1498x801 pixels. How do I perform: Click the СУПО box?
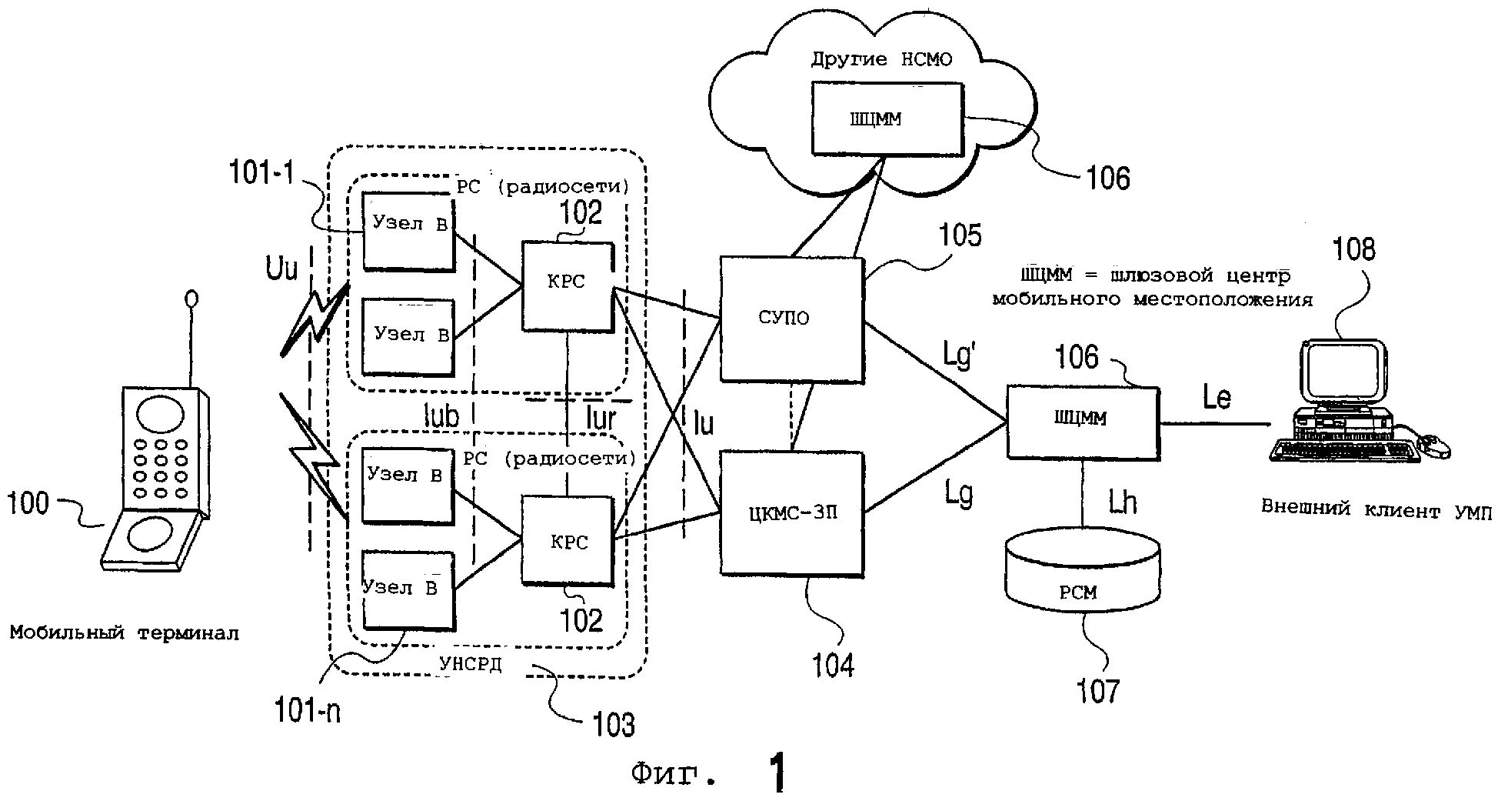(x=791, y=319)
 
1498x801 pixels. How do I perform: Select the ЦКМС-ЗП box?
(x=791, y=513)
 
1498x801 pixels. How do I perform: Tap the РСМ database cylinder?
(x=1082, y=573)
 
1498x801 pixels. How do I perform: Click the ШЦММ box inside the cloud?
(x=886, y=118)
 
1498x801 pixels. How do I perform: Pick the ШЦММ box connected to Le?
(x=1082, y=424)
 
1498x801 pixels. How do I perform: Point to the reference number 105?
(x=960, y=235)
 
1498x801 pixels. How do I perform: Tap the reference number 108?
(x=1353, y=249)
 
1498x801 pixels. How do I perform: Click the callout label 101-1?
(x=262, y=174)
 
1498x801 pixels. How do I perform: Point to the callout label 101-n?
(x=308, y=712)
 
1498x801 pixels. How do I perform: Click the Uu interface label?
(x=281, y=271)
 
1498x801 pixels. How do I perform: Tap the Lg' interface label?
(x=959, y=357)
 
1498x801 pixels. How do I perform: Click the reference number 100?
(x=28, y=503)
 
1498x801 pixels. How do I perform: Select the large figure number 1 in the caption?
(x=777, y=773)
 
